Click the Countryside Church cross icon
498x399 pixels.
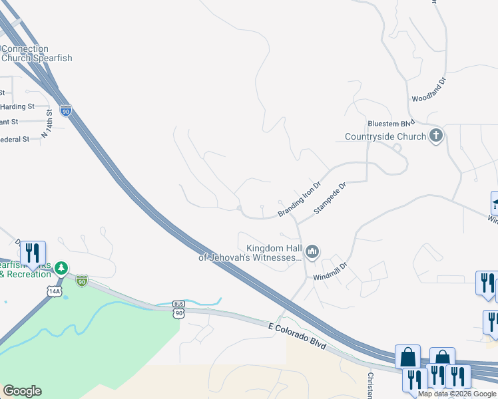(436, 136)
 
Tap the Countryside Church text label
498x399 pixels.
(385, 137)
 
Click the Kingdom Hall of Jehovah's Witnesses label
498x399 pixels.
(252, 251)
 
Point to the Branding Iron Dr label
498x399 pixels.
(300, 199)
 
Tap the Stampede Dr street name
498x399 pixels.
(331, 198)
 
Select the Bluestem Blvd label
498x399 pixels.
(391, 123)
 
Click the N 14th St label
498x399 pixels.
(47, 124)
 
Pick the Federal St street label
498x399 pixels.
(15, 140)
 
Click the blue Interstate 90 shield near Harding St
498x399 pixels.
(65, 111)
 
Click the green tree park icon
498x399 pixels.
(61, 268)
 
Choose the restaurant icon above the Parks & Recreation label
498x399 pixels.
(33, 253)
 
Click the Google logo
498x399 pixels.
(22, 391)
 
